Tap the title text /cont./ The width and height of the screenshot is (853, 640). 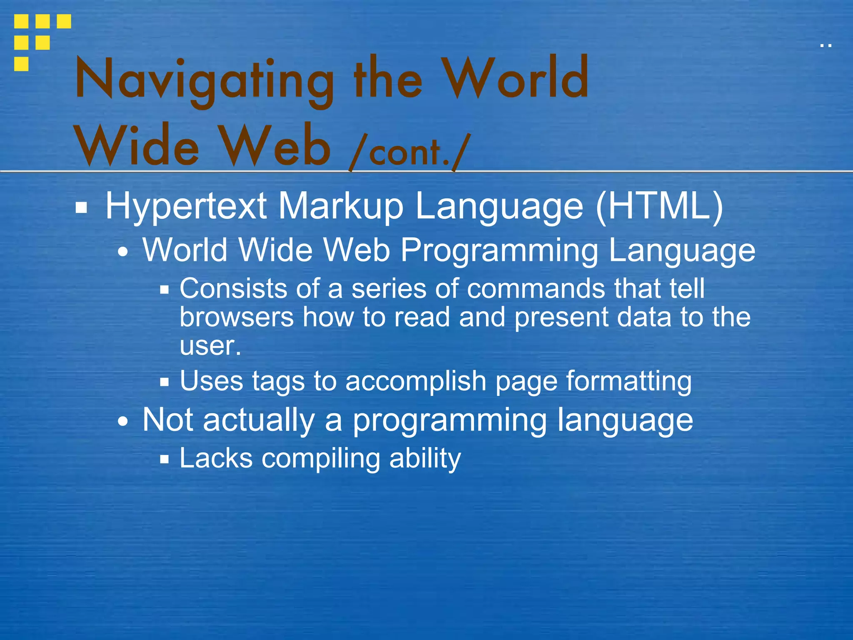[410, 152]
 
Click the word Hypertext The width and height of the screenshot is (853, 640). [186, 207]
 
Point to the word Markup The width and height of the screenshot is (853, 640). [341, 207]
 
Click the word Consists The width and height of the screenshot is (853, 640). [233, 288]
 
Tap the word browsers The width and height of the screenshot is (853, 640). [237, 317]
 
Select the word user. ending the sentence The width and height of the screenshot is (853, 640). [210, 346]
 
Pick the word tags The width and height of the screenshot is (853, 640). [278, 382]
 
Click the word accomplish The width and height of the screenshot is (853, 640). [416, 382]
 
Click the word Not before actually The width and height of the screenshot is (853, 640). [167, 420]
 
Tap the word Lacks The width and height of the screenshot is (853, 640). [216, 458]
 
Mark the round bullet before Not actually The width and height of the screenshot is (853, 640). [123, 422]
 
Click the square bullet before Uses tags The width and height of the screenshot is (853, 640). [165, 382]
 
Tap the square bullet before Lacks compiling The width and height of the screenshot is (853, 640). [165, 460]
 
